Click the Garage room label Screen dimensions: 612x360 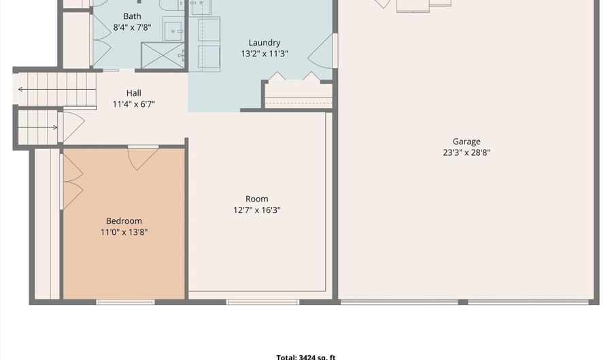[466, 142]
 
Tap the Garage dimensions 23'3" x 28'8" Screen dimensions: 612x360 [466, 152]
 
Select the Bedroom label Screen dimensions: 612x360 [124, 221]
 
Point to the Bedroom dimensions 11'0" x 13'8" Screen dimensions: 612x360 [124, 232]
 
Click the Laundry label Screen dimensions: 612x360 [265, 43]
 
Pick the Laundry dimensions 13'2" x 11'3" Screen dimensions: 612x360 [265, 54]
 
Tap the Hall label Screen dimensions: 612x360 [134, 93]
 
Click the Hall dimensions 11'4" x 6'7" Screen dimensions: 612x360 [134, 104]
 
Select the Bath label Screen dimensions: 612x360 [132, 16]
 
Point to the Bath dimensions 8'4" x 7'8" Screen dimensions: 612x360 [132, 27]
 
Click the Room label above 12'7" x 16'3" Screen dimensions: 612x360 [257, 199]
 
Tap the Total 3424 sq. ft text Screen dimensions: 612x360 [306, 357]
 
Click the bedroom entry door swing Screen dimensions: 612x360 [143, 158]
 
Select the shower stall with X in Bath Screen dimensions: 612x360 [163, 55]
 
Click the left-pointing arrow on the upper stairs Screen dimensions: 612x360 [57, 90]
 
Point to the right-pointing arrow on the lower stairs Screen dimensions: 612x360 [38, 127]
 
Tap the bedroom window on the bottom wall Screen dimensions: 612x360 [125, 302]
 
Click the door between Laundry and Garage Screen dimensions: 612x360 [322, 51]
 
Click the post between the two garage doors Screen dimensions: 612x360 [463, 302]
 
